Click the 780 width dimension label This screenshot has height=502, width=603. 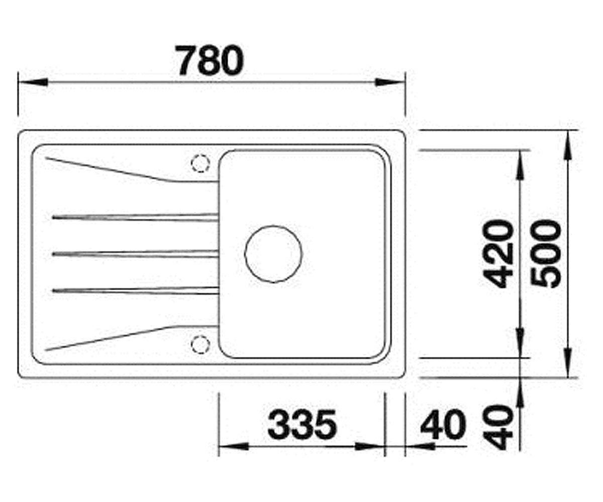pos(210,60)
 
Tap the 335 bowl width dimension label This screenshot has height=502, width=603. pos(302,424)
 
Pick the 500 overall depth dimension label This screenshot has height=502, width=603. pos(546,254)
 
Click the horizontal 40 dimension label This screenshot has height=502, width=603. pos(443,424)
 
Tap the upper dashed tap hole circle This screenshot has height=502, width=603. pos(200,163)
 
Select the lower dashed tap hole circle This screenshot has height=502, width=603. pos(200,344)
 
